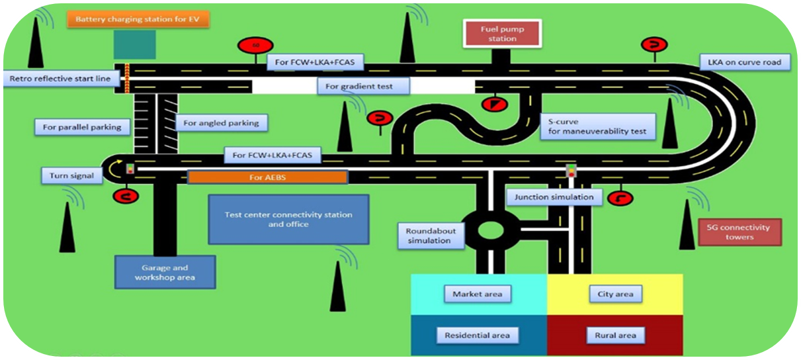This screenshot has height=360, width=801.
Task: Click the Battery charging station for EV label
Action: click(x=138, y=19)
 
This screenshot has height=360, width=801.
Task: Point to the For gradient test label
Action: click(x=364, y=86)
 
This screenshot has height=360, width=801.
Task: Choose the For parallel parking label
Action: click(x=82, y=127)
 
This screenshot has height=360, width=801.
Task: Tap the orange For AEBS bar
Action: click(x=267, y=177)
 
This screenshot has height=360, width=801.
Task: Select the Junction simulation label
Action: click(x=554, y=197)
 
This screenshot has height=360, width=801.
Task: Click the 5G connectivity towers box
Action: click(x=739, y=232)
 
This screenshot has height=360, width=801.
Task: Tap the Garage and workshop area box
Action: click(x=165, y=272)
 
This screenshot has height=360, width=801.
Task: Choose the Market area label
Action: click(x=477, y=294)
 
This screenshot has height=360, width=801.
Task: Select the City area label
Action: click(x=614, y=294)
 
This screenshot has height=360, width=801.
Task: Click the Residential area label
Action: click(x=477, y=335)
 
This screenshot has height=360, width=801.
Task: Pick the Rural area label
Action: click(x=614, y=335)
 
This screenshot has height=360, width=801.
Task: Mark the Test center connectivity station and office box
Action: click(x=288, y=219)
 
